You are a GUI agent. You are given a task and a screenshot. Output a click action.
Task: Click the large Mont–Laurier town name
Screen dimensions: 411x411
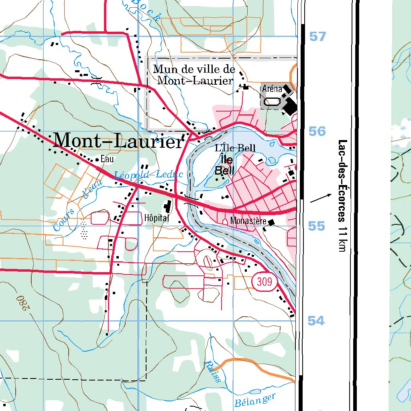coord(118,141)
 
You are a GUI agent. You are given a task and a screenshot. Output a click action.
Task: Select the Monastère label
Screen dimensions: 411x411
coord(248,221)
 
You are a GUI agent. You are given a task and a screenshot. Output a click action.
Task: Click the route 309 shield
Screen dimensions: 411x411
coord(265,282)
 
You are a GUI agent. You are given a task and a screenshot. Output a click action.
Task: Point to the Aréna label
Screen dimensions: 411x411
coord(272,89)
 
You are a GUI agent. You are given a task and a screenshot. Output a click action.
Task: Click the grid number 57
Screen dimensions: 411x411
coord(317,37)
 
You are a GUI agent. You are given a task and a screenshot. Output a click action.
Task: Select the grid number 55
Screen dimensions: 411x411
coord(316,226)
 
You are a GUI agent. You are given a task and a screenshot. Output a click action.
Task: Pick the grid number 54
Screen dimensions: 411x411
coord(316,321)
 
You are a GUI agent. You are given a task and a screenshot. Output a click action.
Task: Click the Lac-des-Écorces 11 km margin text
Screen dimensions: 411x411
coord(342,195)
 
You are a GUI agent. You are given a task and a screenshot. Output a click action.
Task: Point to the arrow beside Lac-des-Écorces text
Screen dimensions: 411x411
coord(321,198)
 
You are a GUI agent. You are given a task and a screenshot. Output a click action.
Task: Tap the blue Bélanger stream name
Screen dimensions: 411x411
coord(255,400)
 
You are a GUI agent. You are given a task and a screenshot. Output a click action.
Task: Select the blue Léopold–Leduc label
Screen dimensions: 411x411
coord(148,175)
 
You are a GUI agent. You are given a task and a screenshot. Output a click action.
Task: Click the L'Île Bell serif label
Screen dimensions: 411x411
coord(235,148)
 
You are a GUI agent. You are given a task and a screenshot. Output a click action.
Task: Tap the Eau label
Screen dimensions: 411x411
coord(107,159)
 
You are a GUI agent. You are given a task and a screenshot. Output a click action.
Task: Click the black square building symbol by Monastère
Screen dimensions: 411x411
coord(272,222)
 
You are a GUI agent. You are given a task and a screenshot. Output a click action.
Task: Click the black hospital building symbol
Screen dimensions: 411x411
coord(167,208)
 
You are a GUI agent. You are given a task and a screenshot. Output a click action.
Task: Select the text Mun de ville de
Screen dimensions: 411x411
coord(194,69)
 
